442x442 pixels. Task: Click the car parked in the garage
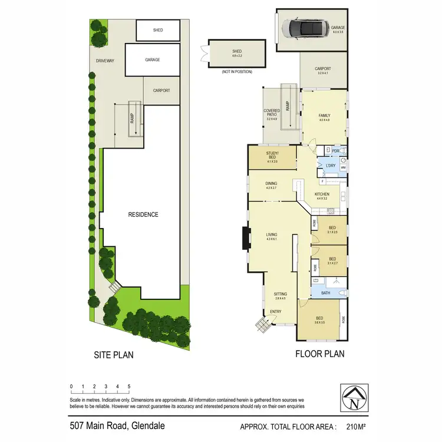tap(303, 27)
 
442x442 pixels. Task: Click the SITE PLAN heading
tap(114, 355)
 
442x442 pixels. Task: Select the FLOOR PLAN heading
tap(320, 354)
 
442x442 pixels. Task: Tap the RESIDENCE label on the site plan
tap(143, 215)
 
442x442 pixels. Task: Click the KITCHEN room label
tap(322, 194)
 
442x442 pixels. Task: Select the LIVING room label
tap(272, 235)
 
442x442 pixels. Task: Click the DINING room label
tap(271, 183)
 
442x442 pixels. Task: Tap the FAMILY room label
tap(324, 116)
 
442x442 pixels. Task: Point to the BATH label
tap(325, 293)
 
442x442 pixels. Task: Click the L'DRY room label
tap(331, 166)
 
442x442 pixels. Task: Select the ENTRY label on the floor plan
tap(275, 312)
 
